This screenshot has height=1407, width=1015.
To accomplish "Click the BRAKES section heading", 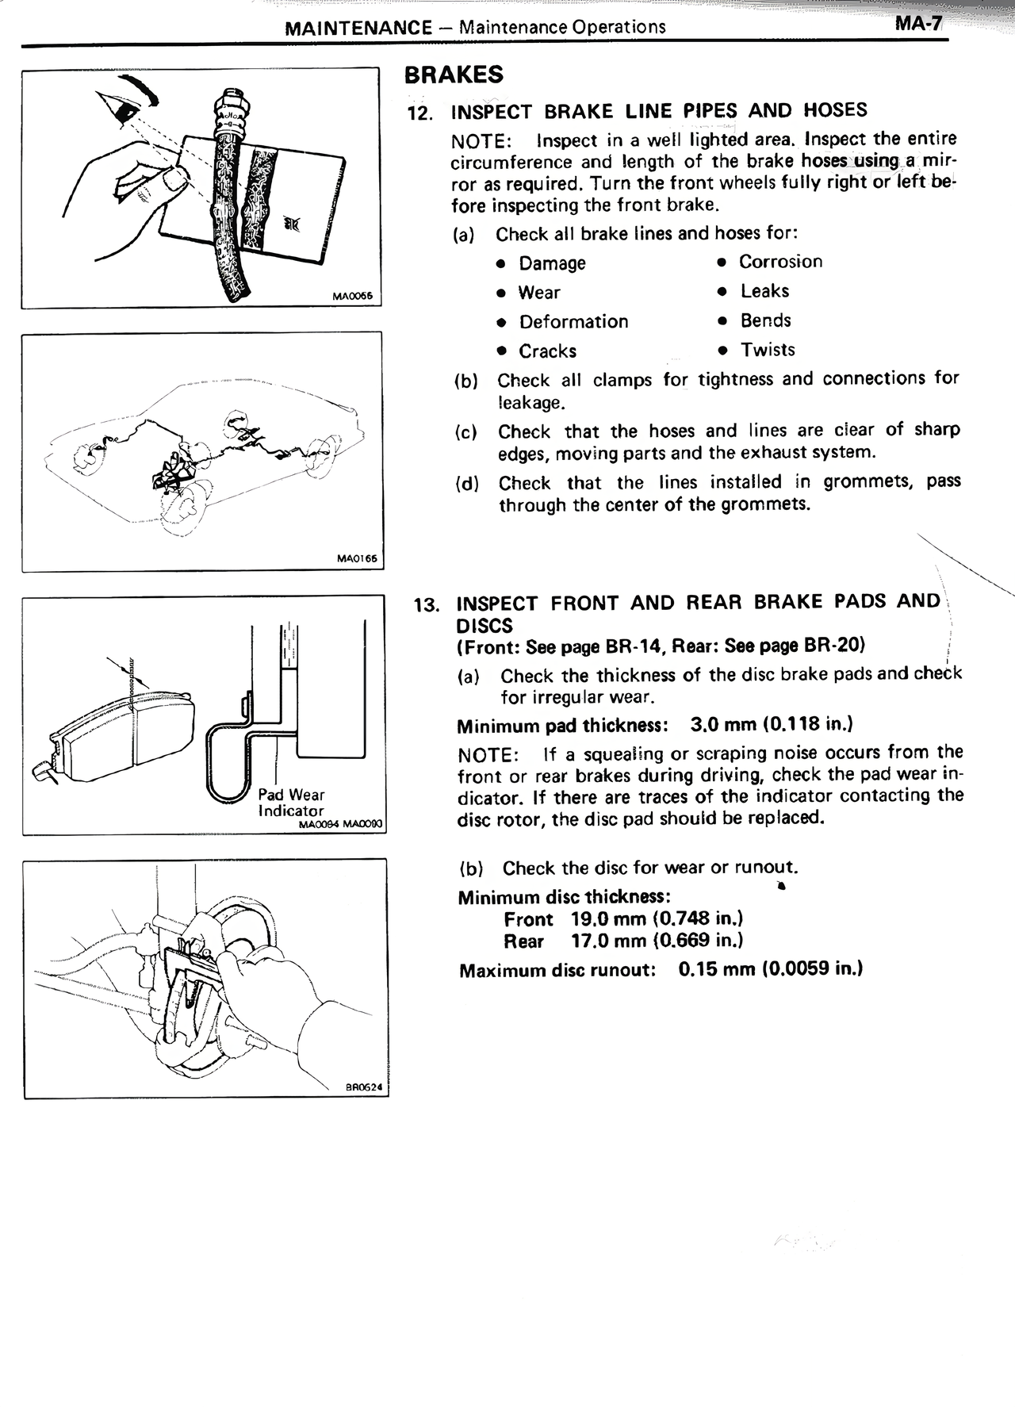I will [454, 75].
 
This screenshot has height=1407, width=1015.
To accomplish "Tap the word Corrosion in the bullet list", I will [780, 262].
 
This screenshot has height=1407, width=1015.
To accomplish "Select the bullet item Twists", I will [767, 350].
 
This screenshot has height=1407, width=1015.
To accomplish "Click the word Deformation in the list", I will [573, 322].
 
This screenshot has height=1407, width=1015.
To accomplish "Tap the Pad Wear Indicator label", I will [291, 803].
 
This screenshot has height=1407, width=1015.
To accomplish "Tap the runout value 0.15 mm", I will [716, 969].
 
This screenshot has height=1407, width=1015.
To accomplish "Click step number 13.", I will [427, 605].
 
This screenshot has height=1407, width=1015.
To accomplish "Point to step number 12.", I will [419, 113].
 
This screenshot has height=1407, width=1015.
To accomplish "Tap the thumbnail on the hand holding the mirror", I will [174, 182].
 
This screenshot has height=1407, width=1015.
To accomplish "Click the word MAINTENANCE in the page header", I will [358, 28].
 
